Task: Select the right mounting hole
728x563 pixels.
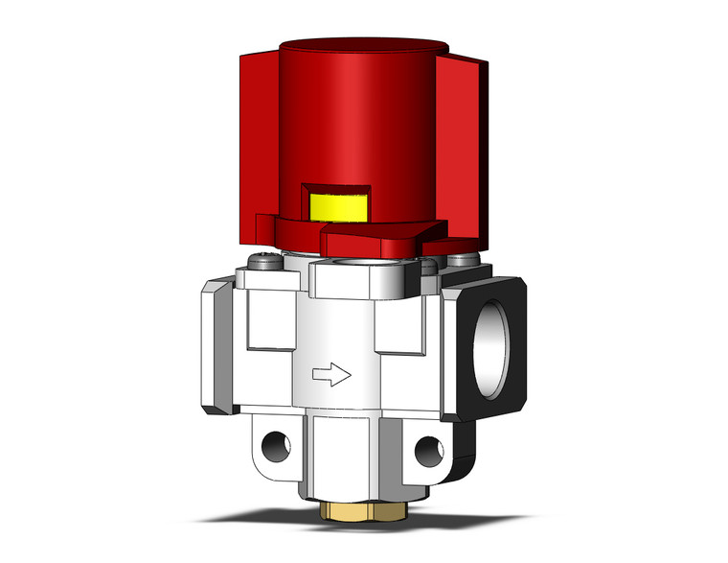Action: [x=428, y=447]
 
